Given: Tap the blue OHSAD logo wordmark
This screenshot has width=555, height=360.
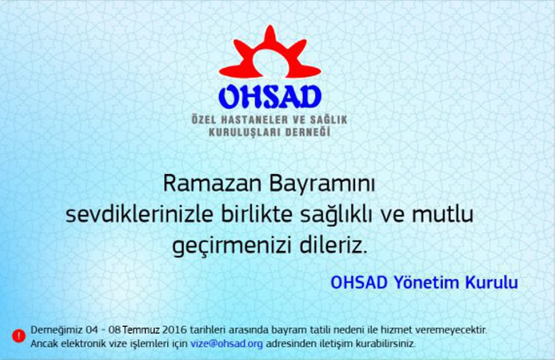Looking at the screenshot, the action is point(269,96).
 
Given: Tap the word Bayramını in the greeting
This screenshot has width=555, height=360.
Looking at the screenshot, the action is point(321,185).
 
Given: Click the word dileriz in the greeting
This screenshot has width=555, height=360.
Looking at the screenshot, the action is point(333,245).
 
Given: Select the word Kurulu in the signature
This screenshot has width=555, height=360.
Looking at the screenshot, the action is point(491,282).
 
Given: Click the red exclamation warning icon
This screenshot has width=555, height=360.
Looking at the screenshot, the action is point(19,336).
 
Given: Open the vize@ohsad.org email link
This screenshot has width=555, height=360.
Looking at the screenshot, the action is point(226,343).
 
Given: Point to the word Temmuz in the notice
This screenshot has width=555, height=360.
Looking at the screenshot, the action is point(141,330).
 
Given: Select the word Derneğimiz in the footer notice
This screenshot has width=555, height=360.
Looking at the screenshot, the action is point(56,330).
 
